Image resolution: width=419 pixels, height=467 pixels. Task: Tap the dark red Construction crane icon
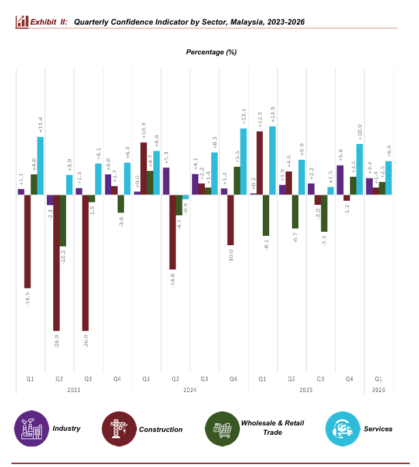pyautogui.click(x=119, y=429)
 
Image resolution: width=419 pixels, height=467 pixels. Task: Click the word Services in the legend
pyautogui.click(x=378, y=429)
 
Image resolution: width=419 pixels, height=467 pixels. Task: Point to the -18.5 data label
pyautogui.click(x=28, y=298)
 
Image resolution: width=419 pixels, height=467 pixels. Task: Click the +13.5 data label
pyautogui.click(x=273, y=116)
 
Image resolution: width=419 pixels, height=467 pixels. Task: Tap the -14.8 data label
pyautogui.click(x=173, y=280)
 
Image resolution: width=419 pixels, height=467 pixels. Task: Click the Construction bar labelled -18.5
pyautogui.click(x=28, y=241)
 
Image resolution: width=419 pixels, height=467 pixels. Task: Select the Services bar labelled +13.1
pyautogui.click(x=243, y=162)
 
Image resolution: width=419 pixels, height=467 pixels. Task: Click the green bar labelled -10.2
pyautogui.click(x=63, y=220)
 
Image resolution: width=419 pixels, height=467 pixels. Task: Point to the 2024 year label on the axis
pyautogui.click(x=188, y=389)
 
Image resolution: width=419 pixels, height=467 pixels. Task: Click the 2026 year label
pyautogui.click(x=378, y=389)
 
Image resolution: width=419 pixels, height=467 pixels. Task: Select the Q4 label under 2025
pyautogui.click(x=349, y=379)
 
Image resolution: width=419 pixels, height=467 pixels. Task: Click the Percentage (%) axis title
pyautogui.click(x=211, y=52)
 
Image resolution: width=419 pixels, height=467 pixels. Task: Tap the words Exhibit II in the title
pyautogui.click(x=49, y=22)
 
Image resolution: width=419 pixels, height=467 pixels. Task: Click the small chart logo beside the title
pyautogui.click(x=22, y=22)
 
